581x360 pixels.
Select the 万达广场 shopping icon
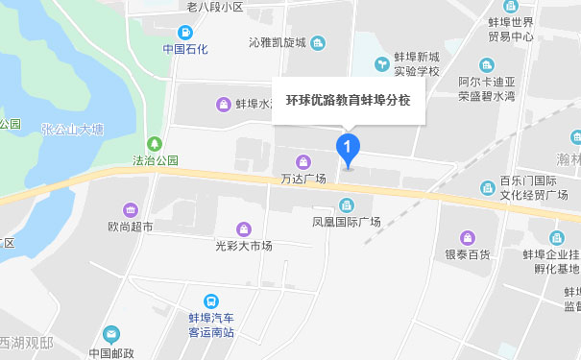303,160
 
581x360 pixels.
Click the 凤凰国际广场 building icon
347,204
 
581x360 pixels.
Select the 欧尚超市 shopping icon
130,210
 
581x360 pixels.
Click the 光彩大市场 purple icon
244,228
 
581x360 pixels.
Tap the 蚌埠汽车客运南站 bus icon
210,301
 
